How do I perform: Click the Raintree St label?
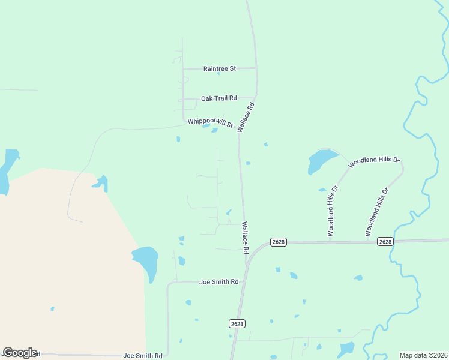click(x=219, y=69)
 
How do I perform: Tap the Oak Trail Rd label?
click(x=219, y=98)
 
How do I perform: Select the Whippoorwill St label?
click(x=210, y=122)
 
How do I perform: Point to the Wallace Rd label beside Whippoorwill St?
click(x=246, y=117)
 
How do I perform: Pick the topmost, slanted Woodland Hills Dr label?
click(x=374, y=161)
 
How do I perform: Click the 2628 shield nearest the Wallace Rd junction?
click(x=279, y=242)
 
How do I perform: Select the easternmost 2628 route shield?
click(x=385, y=242)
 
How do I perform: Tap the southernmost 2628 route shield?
click(x=237, y=323)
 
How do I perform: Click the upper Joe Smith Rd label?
click(x=219, y=282)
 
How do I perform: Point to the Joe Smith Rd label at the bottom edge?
click(x=143, y=356)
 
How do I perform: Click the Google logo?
click(x=20, y=353)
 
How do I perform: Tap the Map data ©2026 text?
click(x=423, y=355)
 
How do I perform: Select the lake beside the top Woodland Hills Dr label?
click(x=321, y=160)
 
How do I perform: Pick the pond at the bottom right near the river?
click(x=347, y=349)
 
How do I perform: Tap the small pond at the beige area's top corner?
click(x=101, y=182)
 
